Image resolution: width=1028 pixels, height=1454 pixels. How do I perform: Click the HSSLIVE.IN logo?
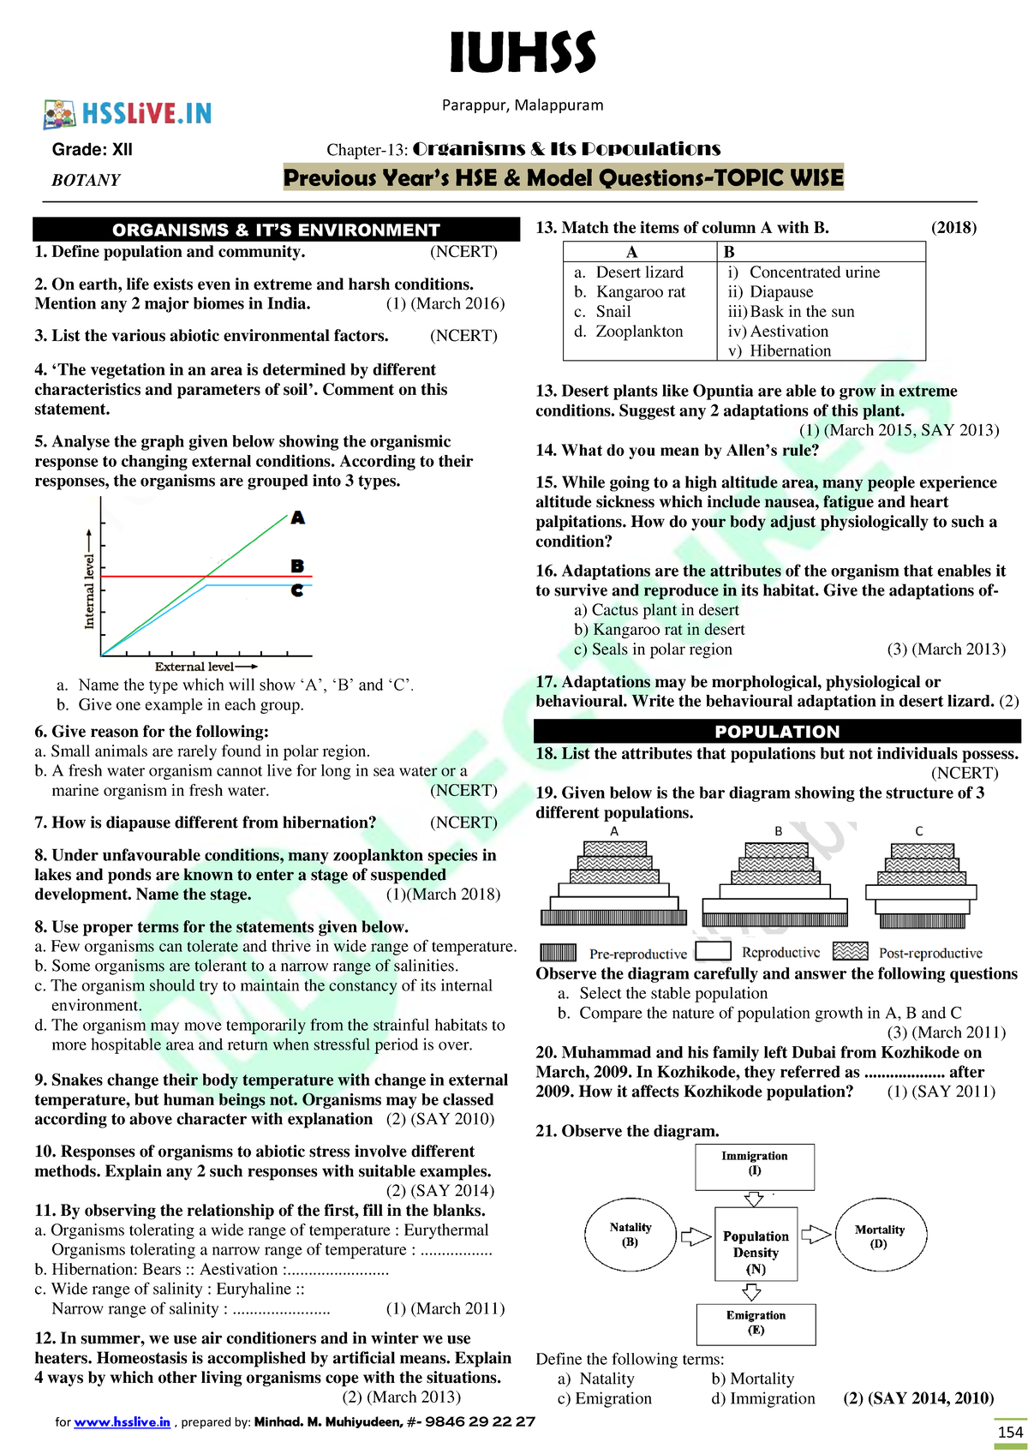[x=128, y=113]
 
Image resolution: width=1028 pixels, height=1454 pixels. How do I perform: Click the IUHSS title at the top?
[x=523, y=53]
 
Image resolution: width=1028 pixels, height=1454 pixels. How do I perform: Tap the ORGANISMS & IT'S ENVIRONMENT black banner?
[x=276, y=230]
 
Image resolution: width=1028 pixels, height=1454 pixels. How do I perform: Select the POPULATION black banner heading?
[x=777, y=732]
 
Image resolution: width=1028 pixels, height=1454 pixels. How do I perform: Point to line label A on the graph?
[x=297, y=518]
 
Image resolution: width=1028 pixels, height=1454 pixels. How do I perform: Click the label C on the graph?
[x=297, y=590]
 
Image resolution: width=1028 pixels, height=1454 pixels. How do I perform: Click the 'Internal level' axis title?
[x=89, y=591]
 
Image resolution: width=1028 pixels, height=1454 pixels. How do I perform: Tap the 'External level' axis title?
[x=195, y=667]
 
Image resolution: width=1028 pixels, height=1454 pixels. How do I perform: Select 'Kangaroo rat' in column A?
[x=640, y=292]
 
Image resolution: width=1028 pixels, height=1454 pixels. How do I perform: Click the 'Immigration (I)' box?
[x=755, y=1167]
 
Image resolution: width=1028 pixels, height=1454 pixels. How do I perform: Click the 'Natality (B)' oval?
[x=631, y=1235]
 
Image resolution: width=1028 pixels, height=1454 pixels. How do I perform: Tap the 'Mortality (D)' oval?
[x=880, y=1236]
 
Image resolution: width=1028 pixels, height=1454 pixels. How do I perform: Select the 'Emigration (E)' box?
[x=756, y=1323]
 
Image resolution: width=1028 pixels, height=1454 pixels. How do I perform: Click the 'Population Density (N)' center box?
[x=756, y=1244]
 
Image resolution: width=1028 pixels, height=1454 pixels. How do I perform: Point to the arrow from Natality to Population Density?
[x=696, y=1236]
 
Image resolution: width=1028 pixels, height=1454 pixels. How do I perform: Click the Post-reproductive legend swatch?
[x=850, y=952]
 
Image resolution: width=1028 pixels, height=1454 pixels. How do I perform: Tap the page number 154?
[x=1010, y=1432]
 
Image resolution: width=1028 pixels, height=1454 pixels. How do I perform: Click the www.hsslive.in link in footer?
[x=122, y=1421]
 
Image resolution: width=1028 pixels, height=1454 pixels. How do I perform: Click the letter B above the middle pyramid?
[x=778, y=831]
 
